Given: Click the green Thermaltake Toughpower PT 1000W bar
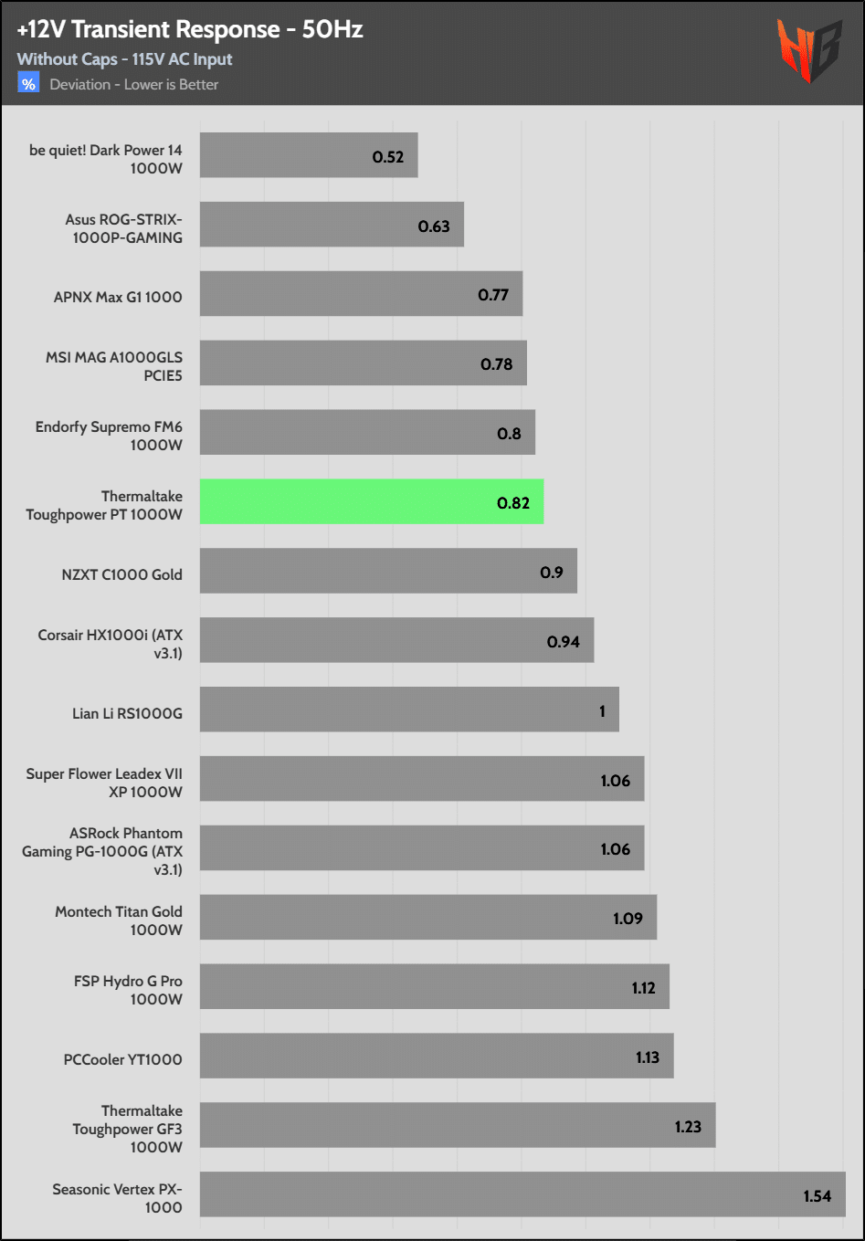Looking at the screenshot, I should point(371,501).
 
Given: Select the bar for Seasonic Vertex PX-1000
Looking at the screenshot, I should point(522,1194).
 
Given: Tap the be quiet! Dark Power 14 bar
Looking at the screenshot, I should point(308,155).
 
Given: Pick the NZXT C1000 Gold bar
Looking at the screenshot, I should point(387,571).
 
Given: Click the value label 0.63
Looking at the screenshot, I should point(434,226).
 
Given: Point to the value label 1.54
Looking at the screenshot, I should point(817,1196).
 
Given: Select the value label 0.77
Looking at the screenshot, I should point(493,295).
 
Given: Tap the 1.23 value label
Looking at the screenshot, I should point(688,1127).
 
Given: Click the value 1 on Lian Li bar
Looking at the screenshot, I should point(602,711).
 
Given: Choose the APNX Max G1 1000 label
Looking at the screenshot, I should point(118,297).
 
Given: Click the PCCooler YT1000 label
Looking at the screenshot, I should point(122,1059).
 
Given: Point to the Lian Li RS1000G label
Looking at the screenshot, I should point(127,713).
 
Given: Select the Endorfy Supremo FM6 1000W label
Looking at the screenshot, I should point(109,436).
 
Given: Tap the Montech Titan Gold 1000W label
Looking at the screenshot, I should point(119,920).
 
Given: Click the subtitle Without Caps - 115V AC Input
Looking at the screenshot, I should point(124,59).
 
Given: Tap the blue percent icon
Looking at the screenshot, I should point(28,84).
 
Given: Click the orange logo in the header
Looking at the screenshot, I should point(809,51).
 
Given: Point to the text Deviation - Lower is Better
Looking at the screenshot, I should point(133,85).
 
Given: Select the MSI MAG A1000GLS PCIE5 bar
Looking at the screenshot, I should point(363,363).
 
